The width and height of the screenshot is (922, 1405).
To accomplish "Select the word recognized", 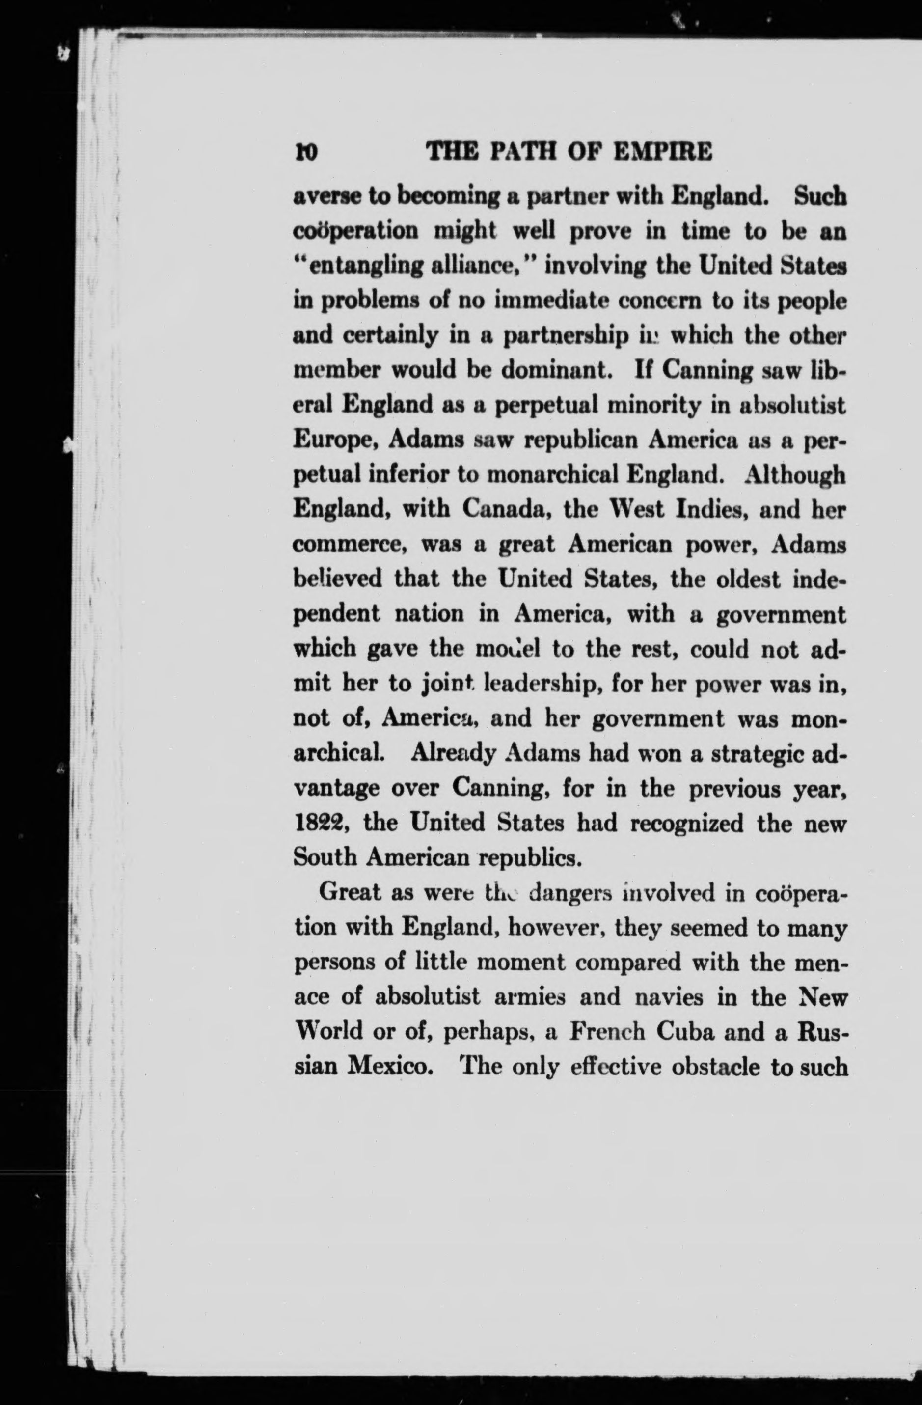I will pyautogui.click(x=686, y=824).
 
